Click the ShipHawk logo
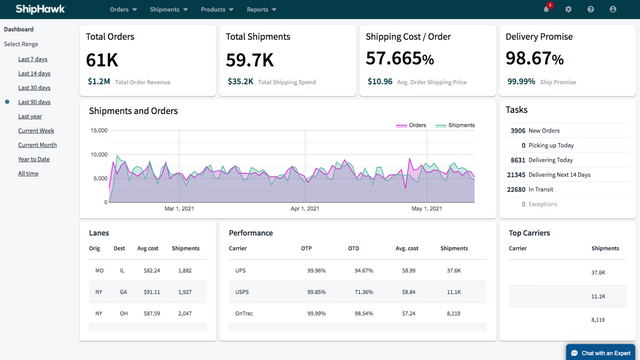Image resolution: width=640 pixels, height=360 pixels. tap(37, 9)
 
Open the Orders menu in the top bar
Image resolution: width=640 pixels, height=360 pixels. tap(123, 9)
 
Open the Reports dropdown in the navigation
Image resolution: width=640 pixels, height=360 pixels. tap(263, 9)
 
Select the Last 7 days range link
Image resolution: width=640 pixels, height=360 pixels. tap(33, 59)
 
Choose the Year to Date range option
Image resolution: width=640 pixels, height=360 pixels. tap(33, 159)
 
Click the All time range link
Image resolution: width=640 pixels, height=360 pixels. tap(28, 174)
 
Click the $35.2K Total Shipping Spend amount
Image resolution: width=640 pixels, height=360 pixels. tap(240, 82)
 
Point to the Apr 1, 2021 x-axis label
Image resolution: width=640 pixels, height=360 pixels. tap(304, 209)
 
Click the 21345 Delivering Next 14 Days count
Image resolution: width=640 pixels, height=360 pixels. tap(516, 174)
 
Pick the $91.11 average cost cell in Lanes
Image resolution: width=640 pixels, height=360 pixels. tap(151, 292)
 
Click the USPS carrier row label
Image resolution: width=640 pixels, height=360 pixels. tap(241, 292)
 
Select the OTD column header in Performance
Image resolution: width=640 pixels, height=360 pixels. tap(354, 247)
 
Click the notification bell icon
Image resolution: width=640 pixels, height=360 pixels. tap(548, 9)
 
